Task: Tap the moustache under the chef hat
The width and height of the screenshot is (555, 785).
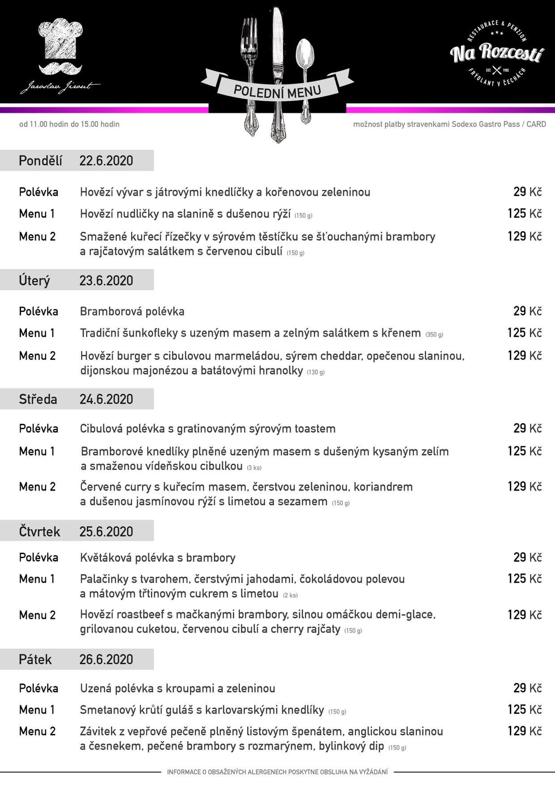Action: [x=60, y=68]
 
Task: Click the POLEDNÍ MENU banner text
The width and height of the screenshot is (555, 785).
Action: [x=277, y=90]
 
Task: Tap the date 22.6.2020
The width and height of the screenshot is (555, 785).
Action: [x=106, y=161]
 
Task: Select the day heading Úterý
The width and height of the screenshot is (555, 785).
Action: [x=34, y=281]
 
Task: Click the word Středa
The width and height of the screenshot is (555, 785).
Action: [x=38, y=399]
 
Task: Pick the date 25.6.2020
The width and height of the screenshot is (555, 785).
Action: [x=106, y=531]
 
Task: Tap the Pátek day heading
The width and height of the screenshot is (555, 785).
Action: [x=35, y=659]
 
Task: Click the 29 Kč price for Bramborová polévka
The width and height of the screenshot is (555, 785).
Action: [x=527, y=311]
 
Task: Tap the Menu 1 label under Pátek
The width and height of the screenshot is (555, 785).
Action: [x=37, y=710]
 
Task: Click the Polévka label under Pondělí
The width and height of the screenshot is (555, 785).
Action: [x=38, y=192]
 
